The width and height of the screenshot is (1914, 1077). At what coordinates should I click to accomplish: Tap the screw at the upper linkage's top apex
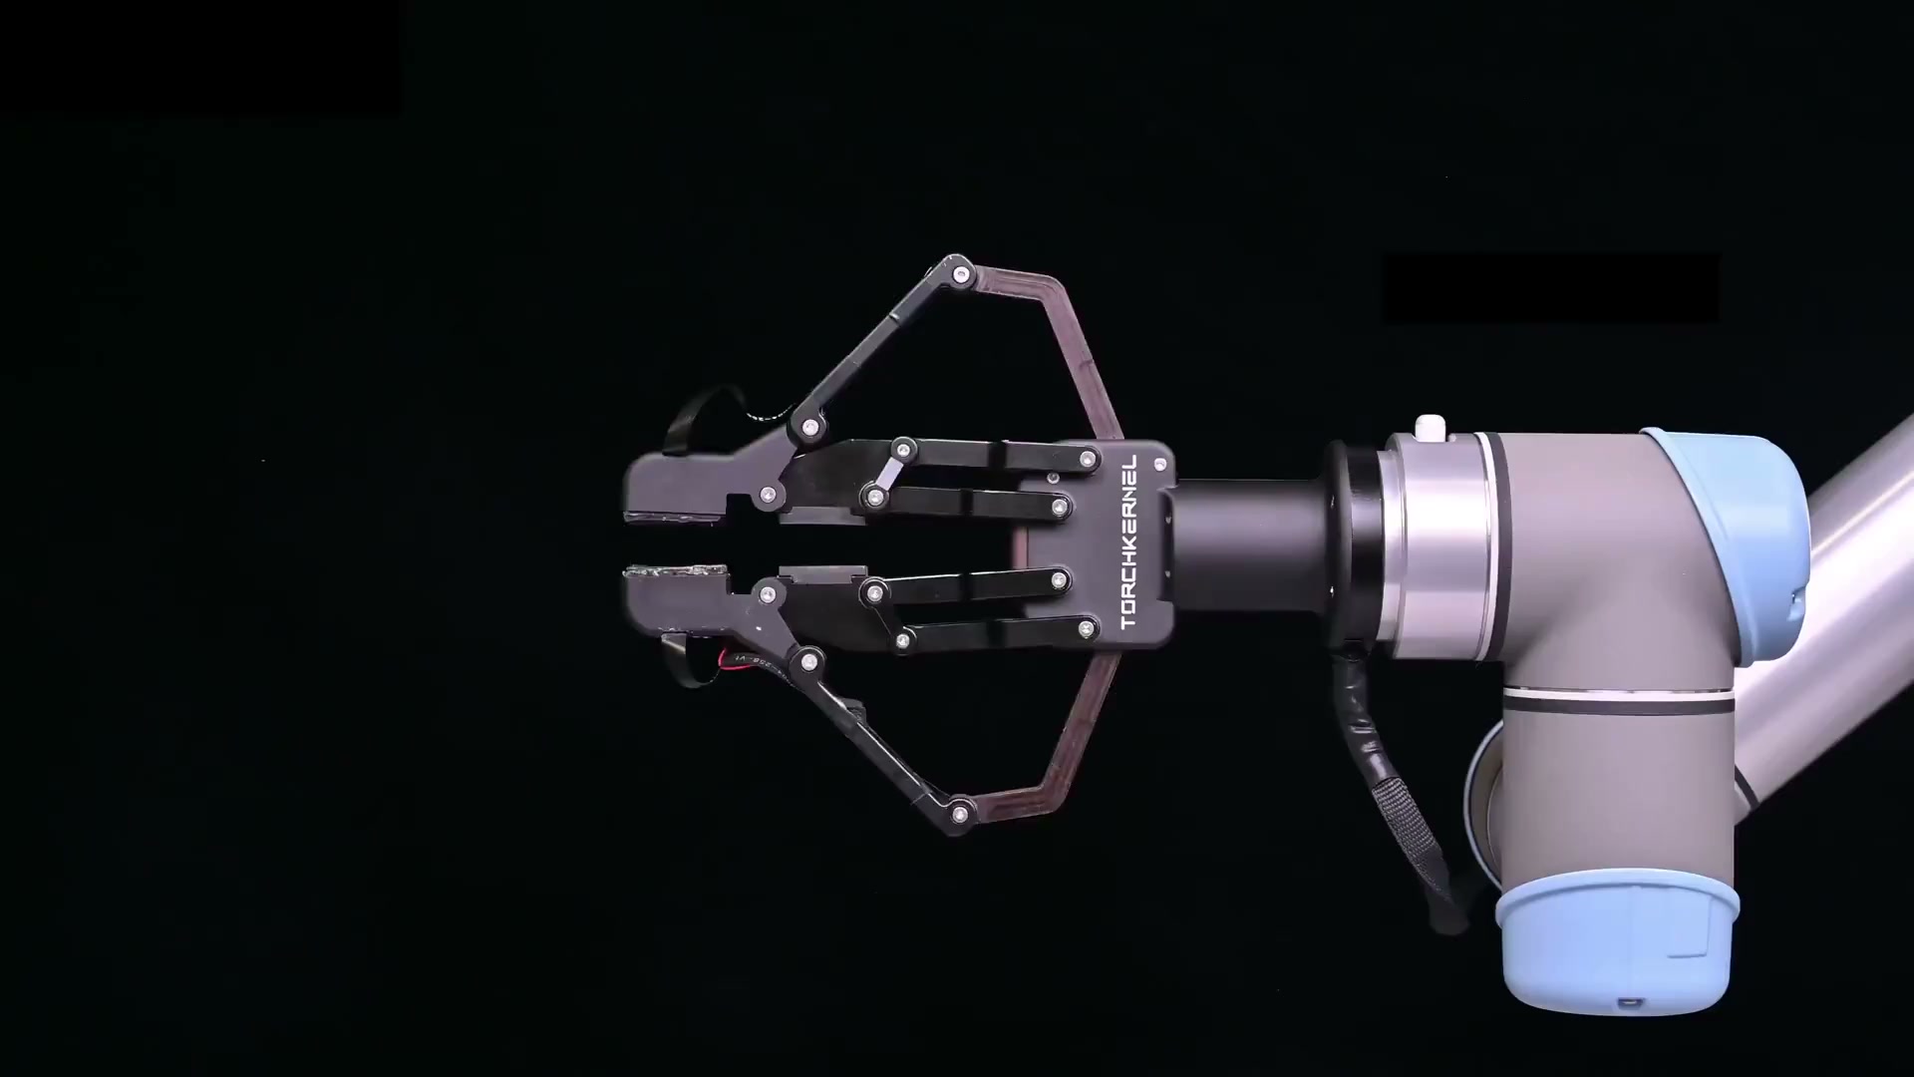pyautogui.click(x=961, y=274)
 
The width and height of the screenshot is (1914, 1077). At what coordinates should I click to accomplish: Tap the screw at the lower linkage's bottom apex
pyautogui.click(x=959, y=813)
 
